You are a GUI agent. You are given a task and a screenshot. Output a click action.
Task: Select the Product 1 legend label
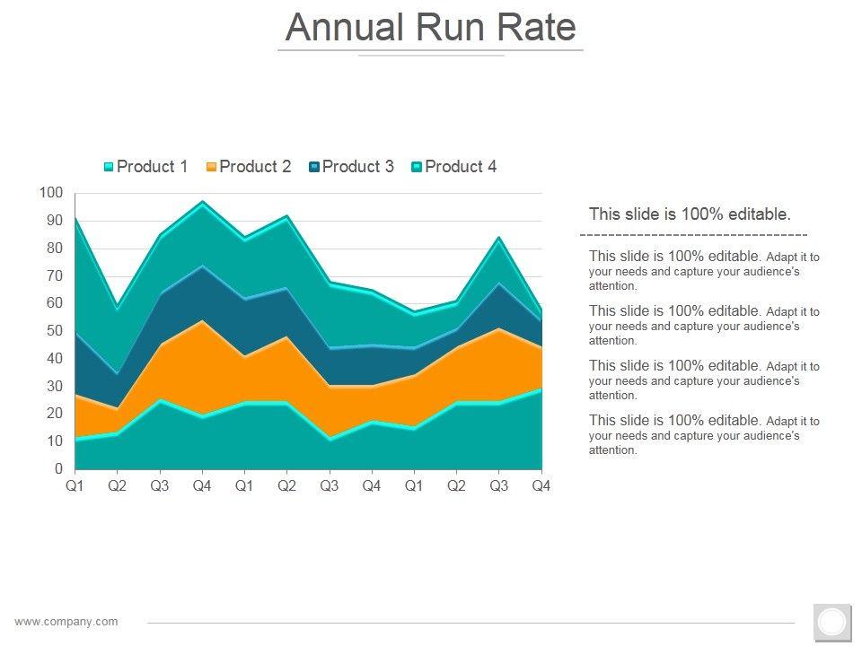[x=153, y=167]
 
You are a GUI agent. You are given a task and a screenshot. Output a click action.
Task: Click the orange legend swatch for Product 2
[x=212, y=167]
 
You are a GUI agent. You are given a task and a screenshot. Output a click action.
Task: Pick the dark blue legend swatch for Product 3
[x=314, y=167]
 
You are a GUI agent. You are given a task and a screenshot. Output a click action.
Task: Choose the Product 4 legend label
[x=460, y=167]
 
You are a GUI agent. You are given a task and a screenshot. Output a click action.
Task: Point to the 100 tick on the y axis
[x=52, y=193]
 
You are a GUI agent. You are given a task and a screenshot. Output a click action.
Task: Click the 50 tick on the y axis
[x=55, y=331]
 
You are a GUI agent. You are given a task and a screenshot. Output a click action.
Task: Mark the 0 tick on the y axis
[x=59, y=469]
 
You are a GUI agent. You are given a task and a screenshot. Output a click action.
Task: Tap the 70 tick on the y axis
[x=55, y=275]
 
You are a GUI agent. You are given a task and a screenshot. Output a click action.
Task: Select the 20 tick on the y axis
[x=55, y=414]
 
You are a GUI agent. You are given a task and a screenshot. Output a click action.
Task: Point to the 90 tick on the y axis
[x=55, y=221]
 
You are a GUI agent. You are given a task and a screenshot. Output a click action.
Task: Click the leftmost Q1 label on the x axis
[x=75, y=486]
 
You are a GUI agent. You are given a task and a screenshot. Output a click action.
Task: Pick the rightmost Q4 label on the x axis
[x=541, y=486]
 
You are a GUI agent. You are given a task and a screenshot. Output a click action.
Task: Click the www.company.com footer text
[x=66, y=622]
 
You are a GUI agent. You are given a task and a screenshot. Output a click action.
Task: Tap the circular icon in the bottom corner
[x=832, y=622]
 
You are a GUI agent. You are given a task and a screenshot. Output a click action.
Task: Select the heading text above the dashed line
[x=690, y=214]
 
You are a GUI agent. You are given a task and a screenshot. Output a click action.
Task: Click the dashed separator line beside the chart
[x=693, y=234]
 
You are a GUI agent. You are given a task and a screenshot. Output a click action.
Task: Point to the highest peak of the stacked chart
[x=202, y=202]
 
